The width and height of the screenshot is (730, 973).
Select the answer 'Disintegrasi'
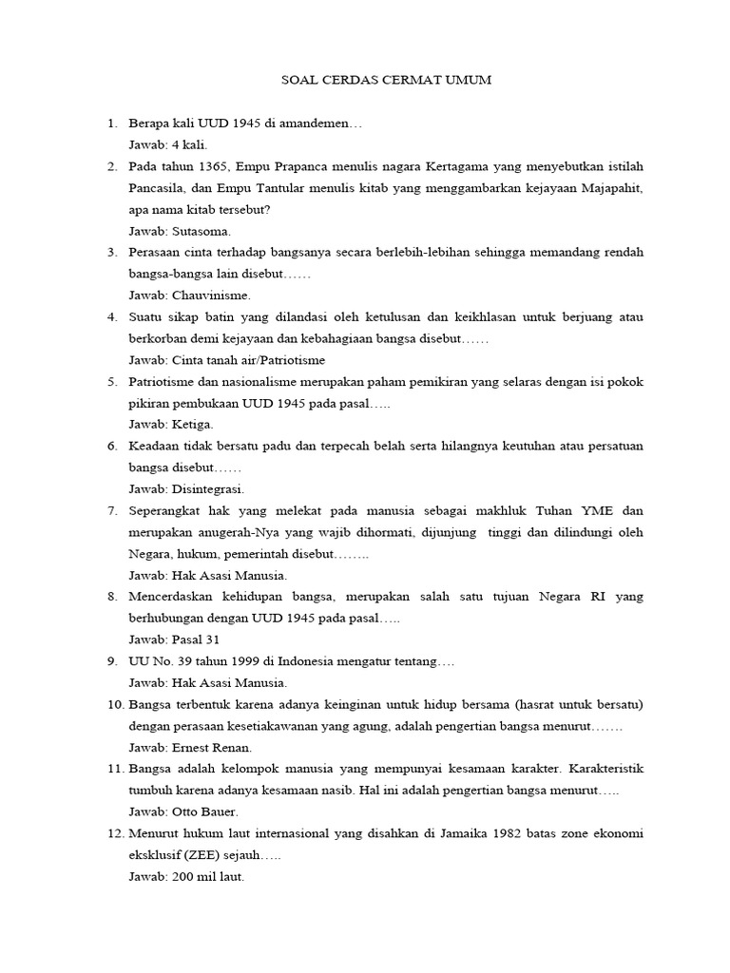208,489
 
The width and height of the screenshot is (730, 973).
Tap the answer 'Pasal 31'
196,639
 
